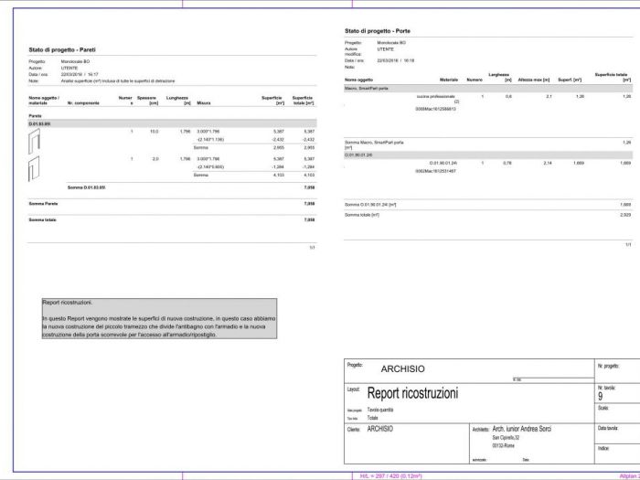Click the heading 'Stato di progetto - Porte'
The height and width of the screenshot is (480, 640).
384,30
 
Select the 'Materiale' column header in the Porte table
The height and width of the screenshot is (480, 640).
448,80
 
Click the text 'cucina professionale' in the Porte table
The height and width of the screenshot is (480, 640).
435,96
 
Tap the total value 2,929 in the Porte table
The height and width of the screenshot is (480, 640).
625,214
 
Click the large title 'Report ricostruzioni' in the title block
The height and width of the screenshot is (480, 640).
412,393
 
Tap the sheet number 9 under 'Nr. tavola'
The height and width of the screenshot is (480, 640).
600,396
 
